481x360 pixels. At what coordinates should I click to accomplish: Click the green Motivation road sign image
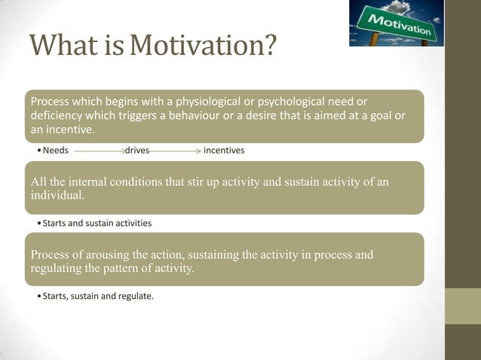point(397,23)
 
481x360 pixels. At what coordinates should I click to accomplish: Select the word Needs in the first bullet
point(55,151)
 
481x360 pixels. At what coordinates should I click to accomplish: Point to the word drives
point(137,151)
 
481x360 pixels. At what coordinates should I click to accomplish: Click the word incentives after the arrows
point(224,151)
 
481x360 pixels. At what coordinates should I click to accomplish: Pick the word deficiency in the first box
point(58,115)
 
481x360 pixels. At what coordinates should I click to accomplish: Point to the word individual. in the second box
point(57,196)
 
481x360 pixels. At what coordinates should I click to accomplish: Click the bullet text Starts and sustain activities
point(97,223)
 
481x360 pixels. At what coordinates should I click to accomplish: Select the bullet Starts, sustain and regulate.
point(97,296)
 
